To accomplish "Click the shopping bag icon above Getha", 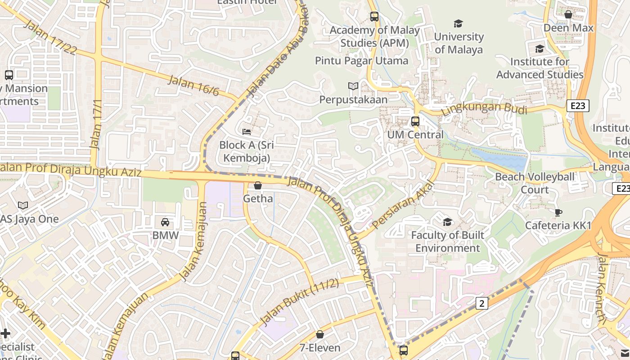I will click(x=258, y=185).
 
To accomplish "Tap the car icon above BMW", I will click(x=165, y=222).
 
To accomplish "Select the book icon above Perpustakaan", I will click(x=353, y=86).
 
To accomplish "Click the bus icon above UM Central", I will click(x=415, y=121).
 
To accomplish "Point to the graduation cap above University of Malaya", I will click(x=458, y=23).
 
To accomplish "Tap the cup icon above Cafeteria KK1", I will click(x=558, y=212).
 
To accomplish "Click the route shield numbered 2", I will click(x=481, y=303).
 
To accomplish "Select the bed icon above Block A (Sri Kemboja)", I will click(x=247, y=132).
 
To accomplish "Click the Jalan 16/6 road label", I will click(x=193, y=86).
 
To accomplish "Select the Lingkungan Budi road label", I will click(x=484, y=108).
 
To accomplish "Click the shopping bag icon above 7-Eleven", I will click(x=319, y=334).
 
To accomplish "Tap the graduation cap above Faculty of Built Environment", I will click(x=447, y=222).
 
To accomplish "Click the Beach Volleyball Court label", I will click(x=535, y=183).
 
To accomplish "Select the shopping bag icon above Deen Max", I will click(x=568, y=15).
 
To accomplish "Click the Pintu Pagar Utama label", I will click(x=361, y=61).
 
